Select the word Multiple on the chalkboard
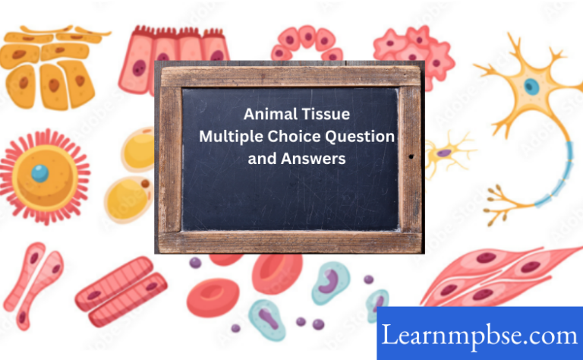[228, 137]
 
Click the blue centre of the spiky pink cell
[40, 172]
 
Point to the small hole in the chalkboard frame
[411, 157]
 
